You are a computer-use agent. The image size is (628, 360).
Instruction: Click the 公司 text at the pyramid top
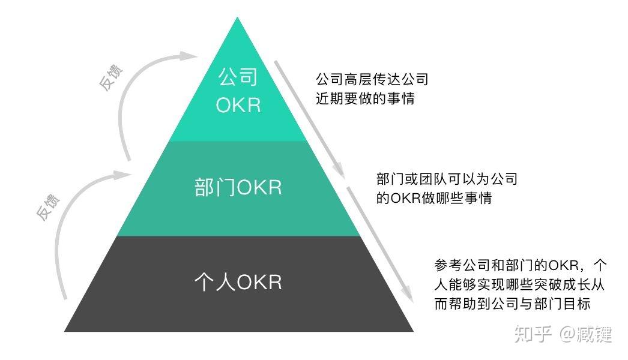coord(238,77)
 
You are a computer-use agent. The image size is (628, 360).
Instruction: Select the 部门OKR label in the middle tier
coord(238,188)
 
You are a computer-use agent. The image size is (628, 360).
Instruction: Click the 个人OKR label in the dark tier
coord(238,282)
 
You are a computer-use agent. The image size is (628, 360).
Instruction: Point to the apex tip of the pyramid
coord(238,19)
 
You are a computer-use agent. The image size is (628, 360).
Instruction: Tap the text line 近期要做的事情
coord(365,98)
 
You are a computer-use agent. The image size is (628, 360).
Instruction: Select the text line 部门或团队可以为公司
coord(447,179)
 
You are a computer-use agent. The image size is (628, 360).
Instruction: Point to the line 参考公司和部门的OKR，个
coord(521,265)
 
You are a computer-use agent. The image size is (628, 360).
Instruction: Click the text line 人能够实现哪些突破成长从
coord(521,284)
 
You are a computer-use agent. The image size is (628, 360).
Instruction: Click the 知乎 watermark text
coord(530,334)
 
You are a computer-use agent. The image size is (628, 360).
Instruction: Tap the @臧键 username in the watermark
coord(587,334)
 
